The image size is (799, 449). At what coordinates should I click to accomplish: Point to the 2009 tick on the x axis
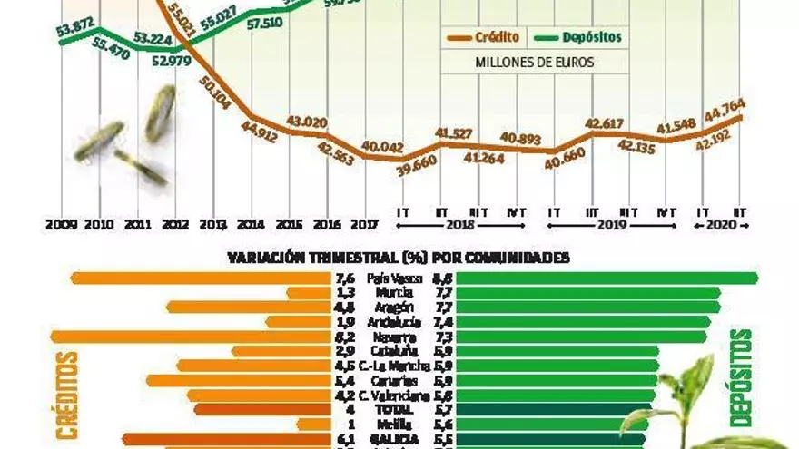tap(61, 224)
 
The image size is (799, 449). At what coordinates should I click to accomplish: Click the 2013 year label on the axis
tap(212, 224)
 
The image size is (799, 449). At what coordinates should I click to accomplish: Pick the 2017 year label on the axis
tap(364, 224)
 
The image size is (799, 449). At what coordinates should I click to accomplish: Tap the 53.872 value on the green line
tap(75, 32)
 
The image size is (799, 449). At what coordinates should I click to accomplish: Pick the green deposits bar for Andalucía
tap(582, 322)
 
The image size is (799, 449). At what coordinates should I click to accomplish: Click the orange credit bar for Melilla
tap(312, 424)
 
